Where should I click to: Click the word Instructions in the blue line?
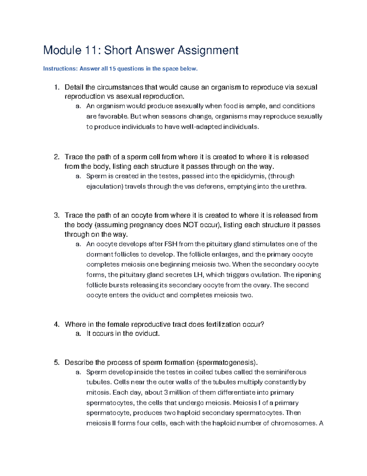click(60, 69)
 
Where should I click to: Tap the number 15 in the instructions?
click(112, 69)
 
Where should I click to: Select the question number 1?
click(56, 87)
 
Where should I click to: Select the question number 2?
click(56, 157)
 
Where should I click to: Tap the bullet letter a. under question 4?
click(78, 334)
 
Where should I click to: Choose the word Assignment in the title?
click(208, 50)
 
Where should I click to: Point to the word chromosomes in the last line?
click(293, 423)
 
